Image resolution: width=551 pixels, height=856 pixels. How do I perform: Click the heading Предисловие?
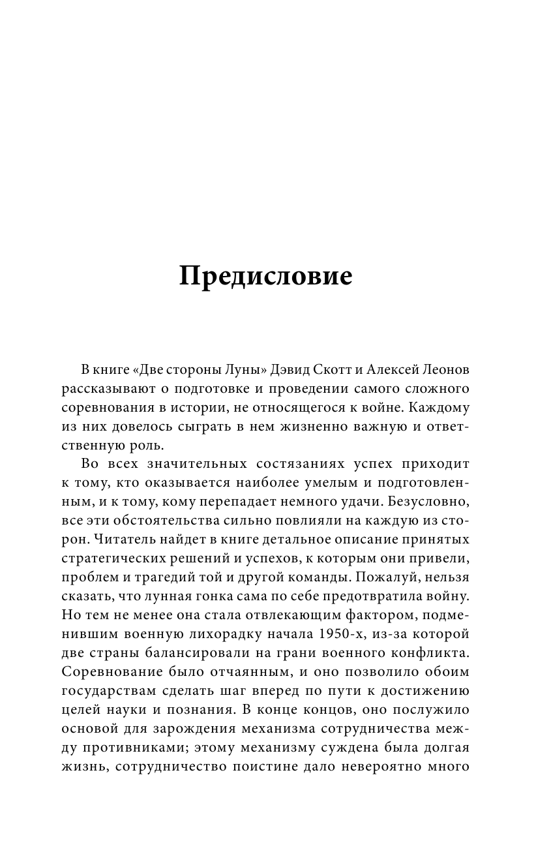click(265, 277)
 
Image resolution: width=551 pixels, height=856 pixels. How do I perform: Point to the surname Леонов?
click(446, 371)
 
